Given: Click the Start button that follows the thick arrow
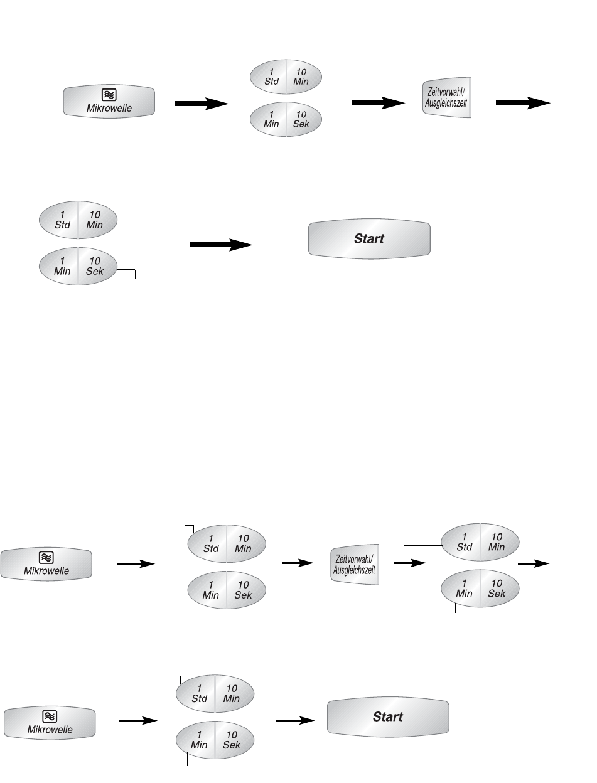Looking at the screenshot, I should tap(369, 238).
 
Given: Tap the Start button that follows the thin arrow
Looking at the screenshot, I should tap(387, 716).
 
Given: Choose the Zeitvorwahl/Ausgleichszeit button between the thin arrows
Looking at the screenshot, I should tap(355, 565).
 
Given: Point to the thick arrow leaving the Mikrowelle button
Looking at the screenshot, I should tap(201, 104).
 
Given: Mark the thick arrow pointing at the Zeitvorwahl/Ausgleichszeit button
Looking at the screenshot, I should tap(377, 104).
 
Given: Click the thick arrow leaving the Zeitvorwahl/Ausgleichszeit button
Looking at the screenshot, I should tap(522, 104).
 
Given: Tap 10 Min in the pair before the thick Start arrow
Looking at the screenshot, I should tap(94, 220).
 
